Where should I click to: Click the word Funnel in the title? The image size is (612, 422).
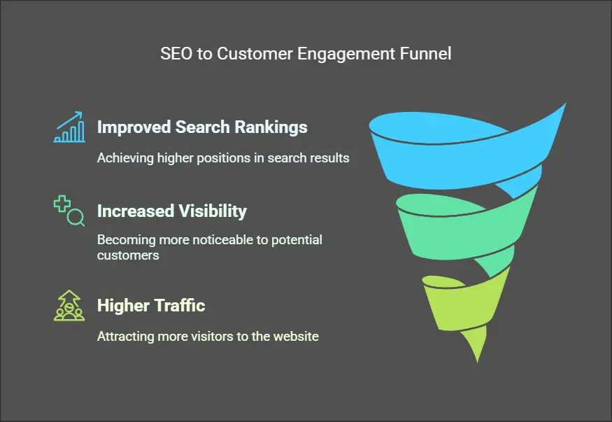click(426, 55)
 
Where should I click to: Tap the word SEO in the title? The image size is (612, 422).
click(175, 55)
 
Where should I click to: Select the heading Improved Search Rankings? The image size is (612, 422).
click(202, 127)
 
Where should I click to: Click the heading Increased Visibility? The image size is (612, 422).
click(171, 211)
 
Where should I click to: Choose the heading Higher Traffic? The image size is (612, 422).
click(151, 306)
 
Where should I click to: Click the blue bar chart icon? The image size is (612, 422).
click(69, 127)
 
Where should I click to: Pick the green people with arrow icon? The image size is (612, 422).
click(69, 306)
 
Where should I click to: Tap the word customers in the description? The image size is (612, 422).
click(128, 255)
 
